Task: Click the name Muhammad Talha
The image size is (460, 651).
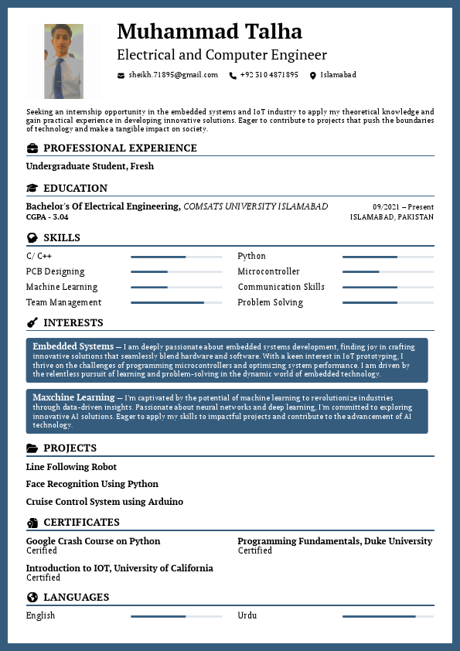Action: point(209,32)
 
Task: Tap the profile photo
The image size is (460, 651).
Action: point(63,61)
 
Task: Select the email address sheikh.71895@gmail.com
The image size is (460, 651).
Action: point(173,75)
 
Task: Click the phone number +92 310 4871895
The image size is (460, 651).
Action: point(269,75)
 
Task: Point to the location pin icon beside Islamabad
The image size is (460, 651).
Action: point(313,75)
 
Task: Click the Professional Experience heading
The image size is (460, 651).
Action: point(120,148)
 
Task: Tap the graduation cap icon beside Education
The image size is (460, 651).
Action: point(32,188)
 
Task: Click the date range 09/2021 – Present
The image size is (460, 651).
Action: point(403,207)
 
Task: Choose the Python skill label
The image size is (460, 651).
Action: point(251,256)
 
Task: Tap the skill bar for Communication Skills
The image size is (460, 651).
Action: point(388,287)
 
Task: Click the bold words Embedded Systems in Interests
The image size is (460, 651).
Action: point(73,346)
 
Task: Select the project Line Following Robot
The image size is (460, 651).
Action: point(71,466)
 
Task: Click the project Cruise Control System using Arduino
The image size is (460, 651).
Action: point(104,502)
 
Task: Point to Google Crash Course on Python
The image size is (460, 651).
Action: point(93,541)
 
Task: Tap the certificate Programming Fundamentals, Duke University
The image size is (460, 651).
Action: point(335,541)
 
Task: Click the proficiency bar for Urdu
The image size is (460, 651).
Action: point(388,616)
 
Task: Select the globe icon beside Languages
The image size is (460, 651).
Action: point(32,597)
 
